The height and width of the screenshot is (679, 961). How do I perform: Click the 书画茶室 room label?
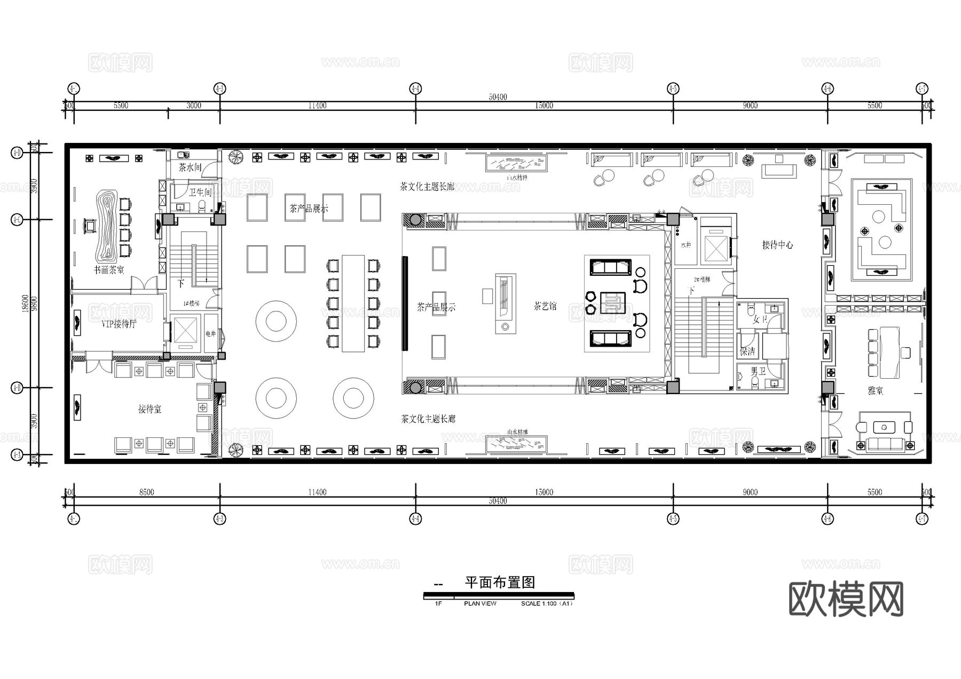[x=109, y=270]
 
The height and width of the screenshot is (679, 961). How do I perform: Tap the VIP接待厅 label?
[x=119, y=324]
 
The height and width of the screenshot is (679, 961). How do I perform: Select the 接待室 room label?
[x=149, y=409]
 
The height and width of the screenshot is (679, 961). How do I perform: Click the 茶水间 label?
[x=190, y=167]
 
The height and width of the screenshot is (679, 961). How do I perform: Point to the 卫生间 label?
[x=200, y=193]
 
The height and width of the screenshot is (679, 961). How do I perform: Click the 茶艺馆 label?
[x=545, y=306]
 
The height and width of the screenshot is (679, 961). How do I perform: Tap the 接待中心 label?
[x=777, y=245]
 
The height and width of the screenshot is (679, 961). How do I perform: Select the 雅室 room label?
[x=875, y=391]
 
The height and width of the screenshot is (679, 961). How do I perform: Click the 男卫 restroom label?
[x=758, y=371]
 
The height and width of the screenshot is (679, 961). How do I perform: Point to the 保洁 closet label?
[x=747, y=352]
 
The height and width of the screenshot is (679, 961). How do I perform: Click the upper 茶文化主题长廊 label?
[x=428, y=187]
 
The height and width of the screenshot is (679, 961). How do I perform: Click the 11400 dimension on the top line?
[x=317, y=106]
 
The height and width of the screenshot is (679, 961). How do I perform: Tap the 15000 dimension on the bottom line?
[x=544, y=492]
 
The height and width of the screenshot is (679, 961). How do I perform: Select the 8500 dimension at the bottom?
[x=146, y=492]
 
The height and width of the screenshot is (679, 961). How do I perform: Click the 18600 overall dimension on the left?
[x=25, y=304]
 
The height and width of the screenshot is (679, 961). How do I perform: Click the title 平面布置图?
[x=500, y=582]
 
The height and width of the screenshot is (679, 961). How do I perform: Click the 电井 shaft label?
[x=211, y=334]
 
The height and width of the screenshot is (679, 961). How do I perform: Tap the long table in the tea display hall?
[x=353, y=303]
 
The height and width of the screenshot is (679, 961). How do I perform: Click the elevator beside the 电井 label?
[x=185, y=332]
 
